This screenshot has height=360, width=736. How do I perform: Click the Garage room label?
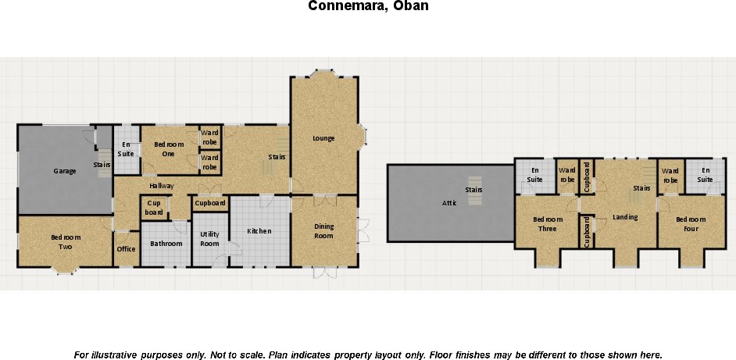(65, 171)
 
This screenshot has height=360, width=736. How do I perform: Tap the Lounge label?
(323, 138)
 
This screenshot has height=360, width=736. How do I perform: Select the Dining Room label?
(323, 231)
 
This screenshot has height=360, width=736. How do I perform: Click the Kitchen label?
(259, 231)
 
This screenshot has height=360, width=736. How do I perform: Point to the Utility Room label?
(209, 239)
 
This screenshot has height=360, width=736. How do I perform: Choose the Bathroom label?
(166, 244)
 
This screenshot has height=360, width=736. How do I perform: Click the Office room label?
(126, 249)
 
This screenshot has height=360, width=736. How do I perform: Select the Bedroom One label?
(169, 149)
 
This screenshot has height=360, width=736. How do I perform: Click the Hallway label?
(162, 186)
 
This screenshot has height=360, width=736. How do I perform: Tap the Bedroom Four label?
(691, 224)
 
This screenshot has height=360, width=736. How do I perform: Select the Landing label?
(625, 217)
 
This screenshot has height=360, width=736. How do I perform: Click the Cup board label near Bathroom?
(154, 209)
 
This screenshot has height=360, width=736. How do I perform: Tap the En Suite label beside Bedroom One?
(126, 149)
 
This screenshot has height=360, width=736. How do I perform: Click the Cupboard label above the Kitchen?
(210, 204)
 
